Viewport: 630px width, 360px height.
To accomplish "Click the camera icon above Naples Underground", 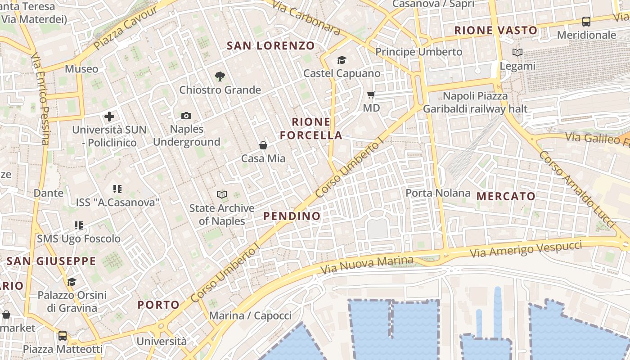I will (x=186, y=116).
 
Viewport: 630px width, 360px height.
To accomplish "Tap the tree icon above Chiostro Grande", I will (x=220, y=76).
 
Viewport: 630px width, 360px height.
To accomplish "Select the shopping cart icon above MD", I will (x=371, y=95).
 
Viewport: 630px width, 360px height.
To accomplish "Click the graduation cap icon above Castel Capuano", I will (x=342, y=60).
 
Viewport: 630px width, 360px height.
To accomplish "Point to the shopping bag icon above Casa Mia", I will (x=263, y=145).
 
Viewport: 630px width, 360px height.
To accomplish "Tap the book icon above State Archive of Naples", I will (x=221, y=194).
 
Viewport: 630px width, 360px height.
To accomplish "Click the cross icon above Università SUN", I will (x=109, y=117).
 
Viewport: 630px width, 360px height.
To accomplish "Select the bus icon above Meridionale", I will (x=586, y=21).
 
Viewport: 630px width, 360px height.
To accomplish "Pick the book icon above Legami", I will (x=517, y=53).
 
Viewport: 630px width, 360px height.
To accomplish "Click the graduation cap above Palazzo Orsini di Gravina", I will (x=72, y=282).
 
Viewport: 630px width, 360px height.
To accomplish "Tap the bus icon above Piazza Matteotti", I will (x=63, y=336).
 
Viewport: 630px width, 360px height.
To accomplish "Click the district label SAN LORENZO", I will (x=271, y=46).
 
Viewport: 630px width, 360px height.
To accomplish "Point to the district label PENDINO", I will (x=292, y=216).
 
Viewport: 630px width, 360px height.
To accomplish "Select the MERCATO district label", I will (x=506, y=196).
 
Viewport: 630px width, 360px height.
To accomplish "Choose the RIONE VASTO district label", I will (x=496, y=31).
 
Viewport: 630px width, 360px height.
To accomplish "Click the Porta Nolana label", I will (x=438, y=193).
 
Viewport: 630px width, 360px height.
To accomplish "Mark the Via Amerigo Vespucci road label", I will (x=526, y=249).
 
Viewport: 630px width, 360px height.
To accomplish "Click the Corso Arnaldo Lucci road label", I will (x=577, y=189).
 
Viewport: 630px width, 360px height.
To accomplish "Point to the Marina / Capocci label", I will (x=250, y=315).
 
